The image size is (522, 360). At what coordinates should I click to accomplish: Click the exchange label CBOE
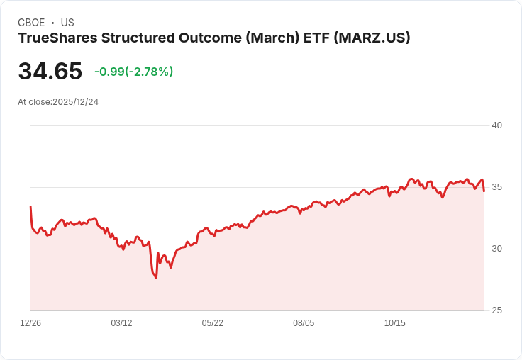[31, 23]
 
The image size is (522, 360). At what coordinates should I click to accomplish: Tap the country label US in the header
[67, 23]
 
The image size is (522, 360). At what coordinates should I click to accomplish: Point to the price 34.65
[50, 72]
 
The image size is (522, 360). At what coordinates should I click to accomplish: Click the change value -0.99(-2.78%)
[134, 72]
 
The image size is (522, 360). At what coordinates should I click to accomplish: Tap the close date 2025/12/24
[76, 102]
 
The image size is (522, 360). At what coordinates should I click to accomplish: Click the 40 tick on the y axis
[496, 125]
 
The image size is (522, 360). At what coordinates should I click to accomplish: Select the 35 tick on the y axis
[496, 187]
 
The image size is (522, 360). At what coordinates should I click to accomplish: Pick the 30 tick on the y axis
[496, 249]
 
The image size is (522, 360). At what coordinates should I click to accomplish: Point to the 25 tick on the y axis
[496, 310]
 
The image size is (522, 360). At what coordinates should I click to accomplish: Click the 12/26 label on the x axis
[30, 323]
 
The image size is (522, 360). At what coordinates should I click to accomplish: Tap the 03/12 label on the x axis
[121, 323]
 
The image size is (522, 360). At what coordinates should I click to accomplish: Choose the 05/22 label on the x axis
[213, 323]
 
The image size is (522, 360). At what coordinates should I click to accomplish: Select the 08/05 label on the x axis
[304, 323]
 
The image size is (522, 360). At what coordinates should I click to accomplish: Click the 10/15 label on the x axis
[395, 323]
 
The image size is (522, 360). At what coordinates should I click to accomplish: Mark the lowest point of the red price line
[155, 277]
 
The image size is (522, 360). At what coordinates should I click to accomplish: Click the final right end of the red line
[484, 191]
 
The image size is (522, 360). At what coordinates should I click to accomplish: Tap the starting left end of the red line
[30, 207]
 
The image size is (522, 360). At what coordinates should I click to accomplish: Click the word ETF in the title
[313, 38]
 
